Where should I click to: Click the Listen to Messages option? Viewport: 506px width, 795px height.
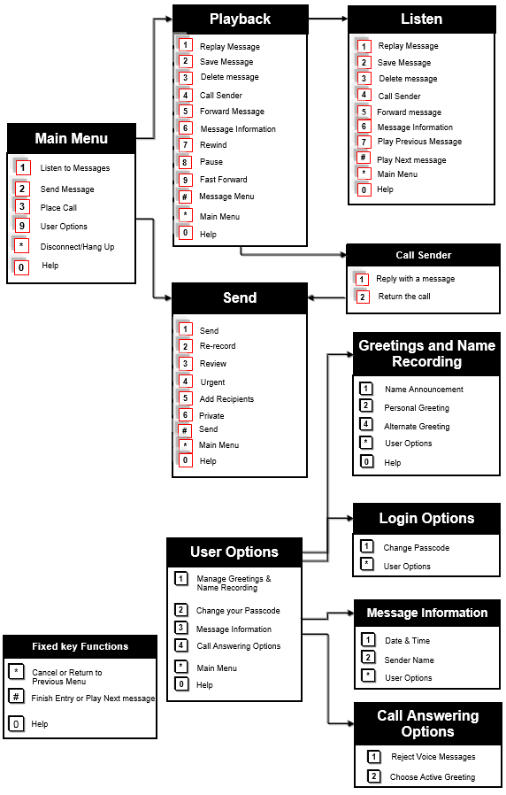(74, 168)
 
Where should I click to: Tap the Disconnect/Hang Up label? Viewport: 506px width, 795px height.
(77, 247)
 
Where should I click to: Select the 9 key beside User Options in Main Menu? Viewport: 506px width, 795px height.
(23, 227)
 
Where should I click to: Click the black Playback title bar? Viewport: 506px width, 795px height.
(240, 19)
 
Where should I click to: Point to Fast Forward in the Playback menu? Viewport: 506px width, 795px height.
(223, 180)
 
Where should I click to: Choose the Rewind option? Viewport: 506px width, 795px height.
(212, 145)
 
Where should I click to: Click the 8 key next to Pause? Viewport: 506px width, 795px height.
(185, 162)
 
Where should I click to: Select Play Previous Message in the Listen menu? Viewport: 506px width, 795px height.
(419, 142)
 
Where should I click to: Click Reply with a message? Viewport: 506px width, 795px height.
(415, 279)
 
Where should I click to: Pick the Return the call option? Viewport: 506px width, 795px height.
(404, 297)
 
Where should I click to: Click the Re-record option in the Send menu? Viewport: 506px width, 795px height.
(218, 346)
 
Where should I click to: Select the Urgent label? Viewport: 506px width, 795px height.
(212, 382)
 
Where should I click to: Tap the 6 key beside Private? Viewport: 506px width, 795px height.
(185, 415)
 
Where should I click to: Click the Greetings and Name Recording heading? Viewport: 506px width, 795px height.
(426, 353)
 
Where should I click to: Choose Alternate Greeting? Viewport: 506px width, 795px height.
(417, 427)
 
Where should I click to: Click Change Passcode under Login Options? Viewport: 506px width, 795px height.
(416, 548)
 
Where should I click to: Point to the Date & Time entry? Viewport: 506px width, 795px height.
(407, 641)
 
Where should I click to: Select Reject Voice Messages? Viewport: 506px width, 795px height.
(433, 757)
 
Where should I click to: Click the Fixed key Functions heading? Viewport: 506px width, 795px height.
(80, 647)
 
